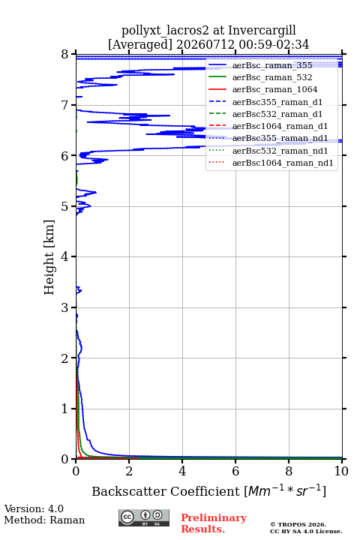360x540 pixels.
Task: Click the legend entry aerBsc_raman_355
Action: coord(272,65)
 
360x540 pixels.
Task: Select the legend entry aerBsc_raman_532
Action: coord(272,77)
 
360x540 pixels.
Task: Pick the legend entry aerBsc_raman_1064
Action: coord(274,89)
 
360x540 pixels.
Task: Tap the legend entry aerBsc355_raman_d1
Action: coord(277,102)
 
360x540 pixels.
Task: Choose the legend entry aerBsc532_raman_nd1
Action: coord(280,151)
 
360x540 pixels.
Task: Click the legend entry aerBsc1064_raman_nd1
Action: coord(283,163)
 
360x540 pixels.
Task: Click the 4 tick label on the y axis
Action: coord(64,256)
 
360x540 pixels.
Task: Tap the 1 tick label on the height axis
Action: coord(64,409)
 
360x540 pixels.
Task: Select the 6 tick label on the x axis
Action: coord(235,471)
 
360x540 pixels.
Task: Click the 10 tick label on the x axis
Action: coord(341,471)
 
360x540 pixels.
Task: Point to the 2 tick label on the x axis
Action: coord(129,471)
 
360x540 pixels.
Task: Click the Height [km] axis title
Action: coord(49,257)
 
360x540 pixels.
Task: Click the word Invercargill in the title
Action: coord(262,31)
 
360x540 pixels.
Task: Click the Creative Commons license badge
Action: coord(144,517)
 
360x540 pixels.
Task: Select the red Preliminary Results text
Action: coord(214,523)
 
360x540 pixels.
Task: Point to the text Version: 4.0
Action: coord(34,508)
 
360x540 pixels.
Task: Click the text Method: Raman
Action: coord(44,520)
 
